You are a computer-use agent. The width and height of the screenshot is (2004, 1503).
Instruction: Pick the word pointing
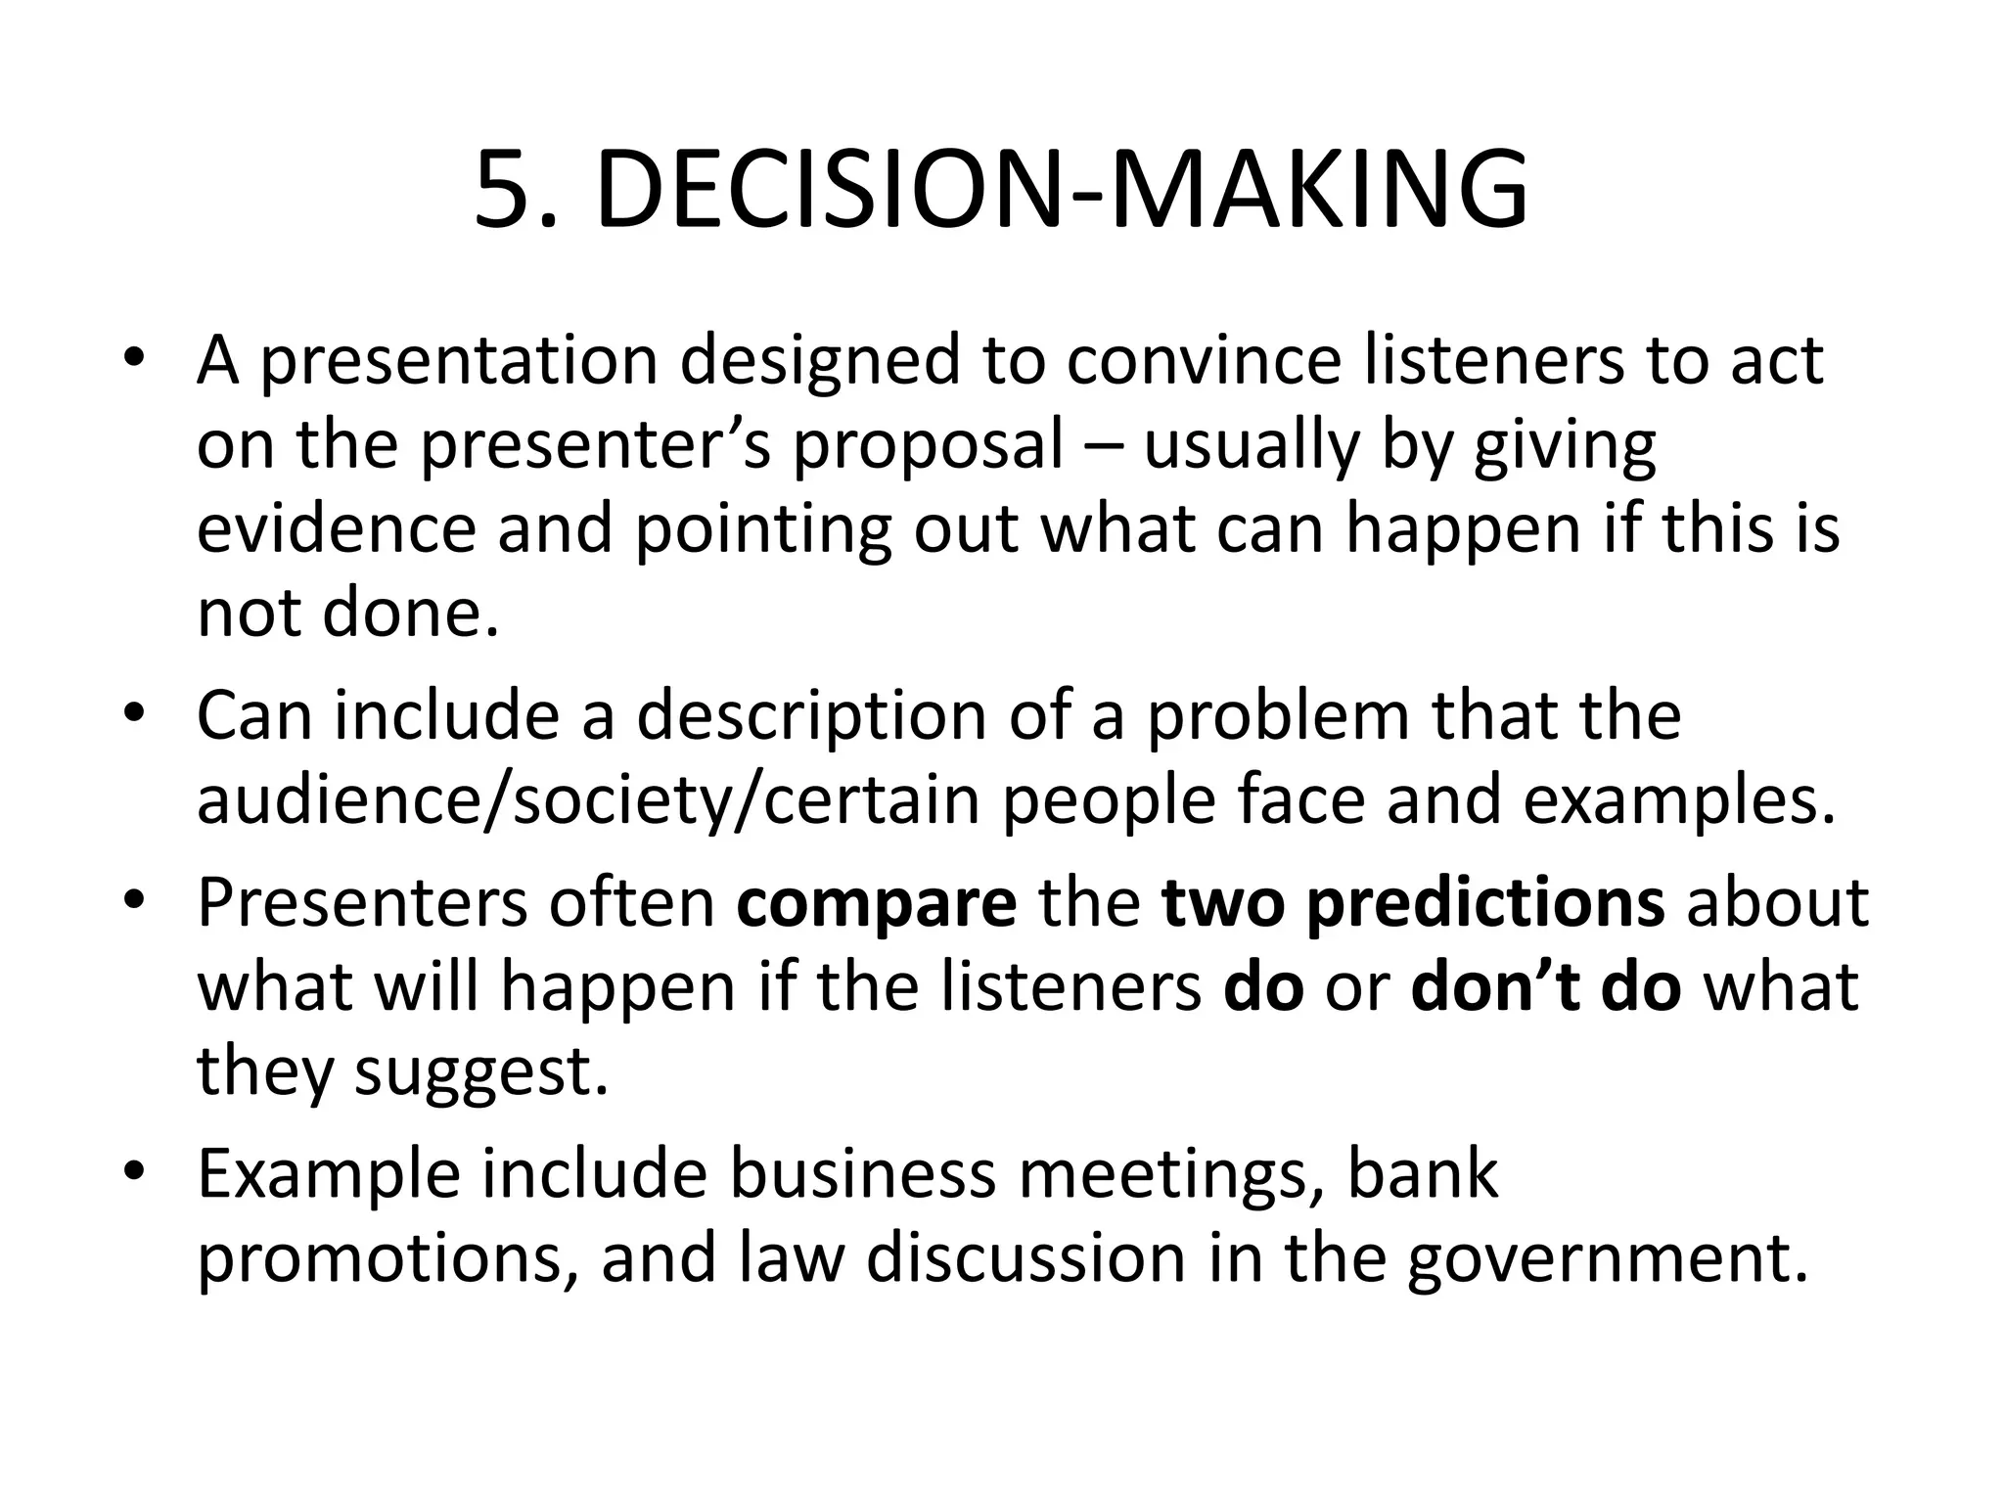click(763, 530)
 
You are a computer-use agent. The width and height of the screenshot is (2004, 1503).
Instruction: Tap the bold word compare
click(877, 903)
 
